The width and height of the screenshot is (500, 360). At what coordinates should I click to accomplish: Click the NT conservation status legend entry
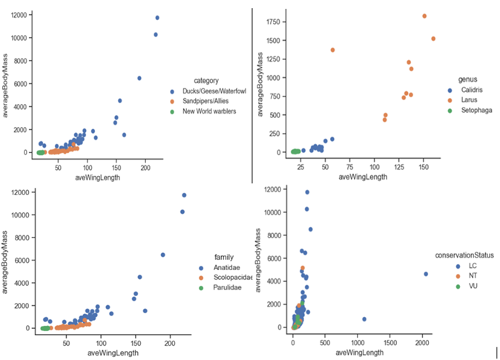coord(461,275)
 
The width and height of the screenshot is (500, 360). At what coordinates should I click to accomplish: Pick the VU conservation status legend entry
coord(461,285)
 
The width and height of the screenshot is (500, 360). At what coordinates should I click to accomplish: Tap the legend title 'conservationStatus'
coord(464,255)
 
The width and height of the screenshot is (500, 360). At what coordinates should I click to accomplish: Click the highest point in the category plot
coord(157,18)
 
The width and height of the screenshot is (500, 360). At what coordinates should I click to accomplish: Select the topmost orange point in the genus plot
coord(424,16)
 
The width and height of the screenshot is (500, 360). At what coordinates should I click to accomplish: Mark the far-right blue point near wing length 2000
coord(426,274)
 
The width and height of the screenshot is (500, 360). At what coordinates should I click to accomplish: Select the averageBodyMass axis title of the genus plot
coord(260,83)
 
